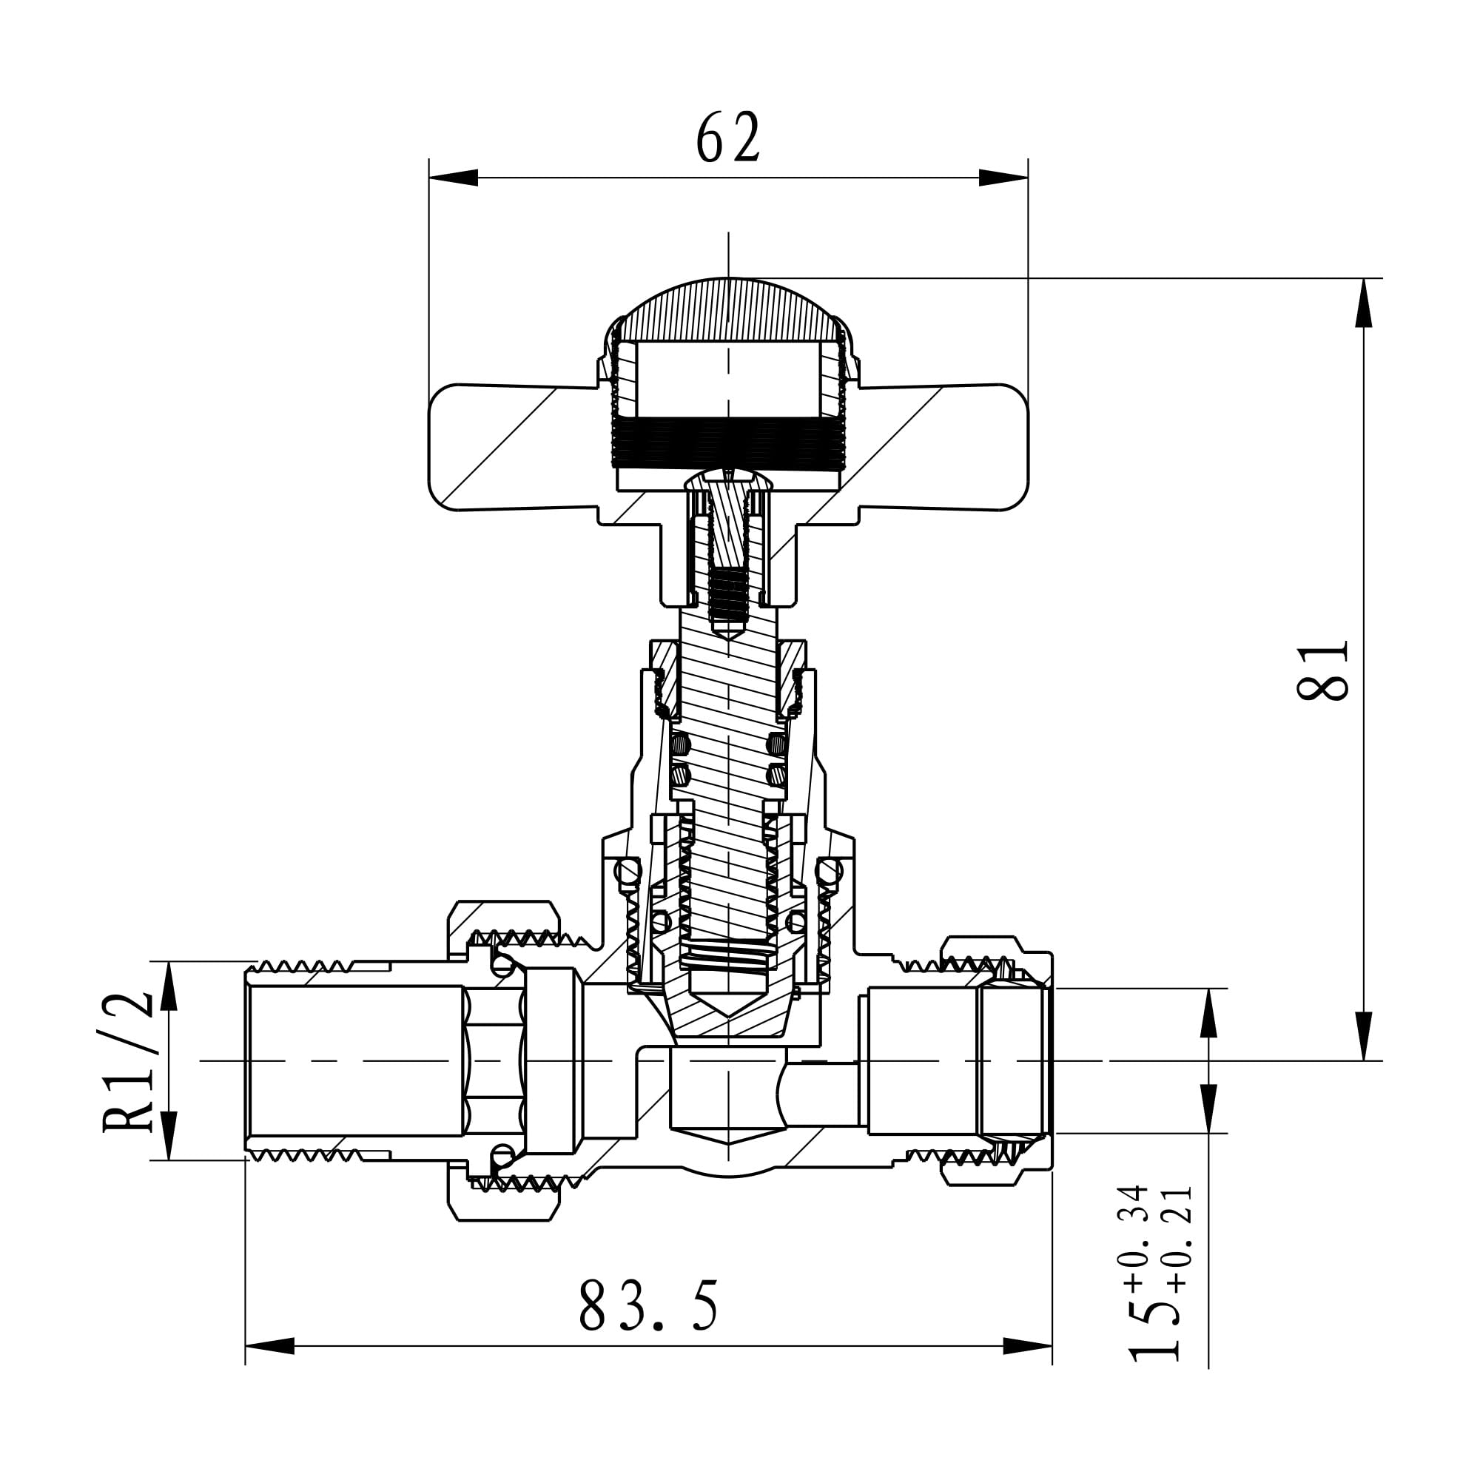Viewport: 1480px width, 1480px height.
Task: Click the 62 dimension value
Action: point(727,137)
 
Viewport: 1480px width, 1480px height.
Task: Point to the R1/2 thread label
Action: point(128,1060)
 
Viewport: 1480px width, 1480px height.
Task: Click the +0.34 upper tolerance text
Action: point(1134,1237)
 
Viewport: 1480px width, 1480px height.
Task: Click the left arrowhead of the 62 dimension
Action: point(453,178)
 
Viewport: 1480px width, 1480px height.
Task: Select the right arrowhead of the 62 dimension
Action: point(1003,178)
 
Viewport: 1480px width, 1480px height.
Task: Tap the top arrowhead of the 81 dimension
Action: point(1364,303)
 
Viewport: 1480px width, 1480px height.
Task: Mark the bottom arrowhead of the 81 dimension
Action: point(1364,1036)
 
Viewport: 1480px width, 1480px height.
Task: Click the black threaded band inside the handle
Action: point(728,443)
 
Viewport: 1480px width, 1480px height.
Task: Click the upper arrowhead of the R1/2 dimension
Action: point(169,986)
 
